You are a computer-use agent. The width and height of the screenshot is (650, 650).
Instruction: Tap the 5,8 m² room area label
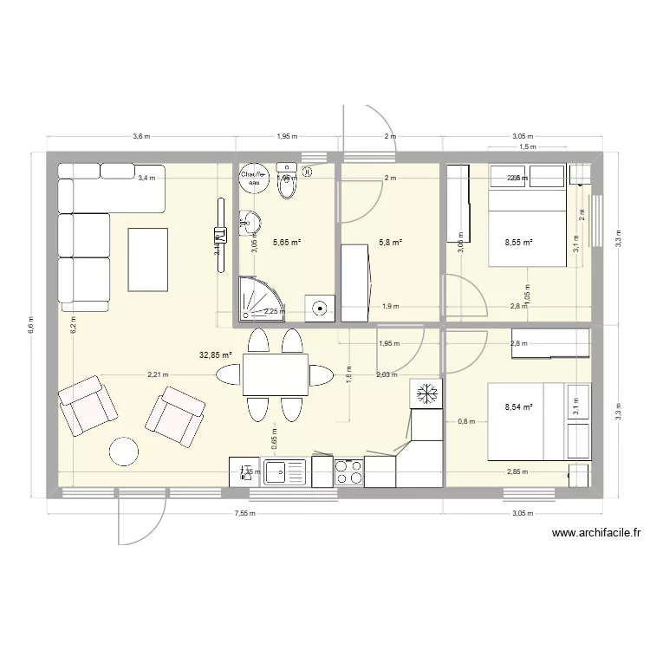pyautogui.click(x=389, y=244)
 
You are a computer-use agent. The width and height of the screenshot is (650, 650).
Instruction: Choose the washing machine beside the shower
pyautogui.click(x=320, y=305)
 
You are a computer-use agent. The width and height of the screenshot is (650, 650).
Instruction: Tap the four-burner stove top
pyautogui.click(x=348, y=471)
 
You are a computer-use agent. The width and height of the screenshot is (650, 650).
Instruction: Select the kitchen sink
pyautogui.click(x=284, y=472)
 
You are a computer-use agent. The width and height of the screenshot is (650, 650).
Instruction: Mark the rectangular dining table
pyautogui.click(x=276, y=374)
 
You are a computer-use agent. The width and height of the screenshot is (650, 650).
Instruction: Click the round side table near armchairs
pyautogui.click(x=124, y=452)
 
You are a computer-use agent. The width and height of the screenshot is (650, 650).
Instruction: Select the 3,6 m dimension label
pyautogui.click(x=141, y=137)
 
